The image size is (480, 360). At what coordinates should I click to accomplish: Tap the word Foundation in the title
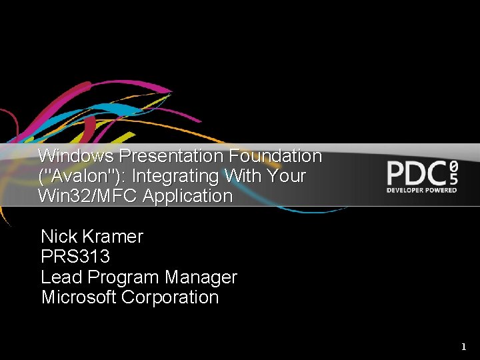[x=275, y=156]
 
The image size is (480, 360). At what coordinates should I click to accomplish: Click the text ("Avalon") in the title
[x=70, y=176]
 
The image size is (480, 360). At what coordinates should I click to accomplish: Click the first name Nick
[x=59, y=237]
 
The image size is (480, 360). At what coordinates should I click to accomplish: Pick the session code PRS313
[x=75, y=257]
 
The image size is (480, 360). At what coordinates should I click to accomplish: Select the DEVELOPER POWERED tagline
[x=422, y=190]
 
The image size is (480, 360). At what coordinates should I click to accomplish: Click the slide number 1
[x=464, y=347]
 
